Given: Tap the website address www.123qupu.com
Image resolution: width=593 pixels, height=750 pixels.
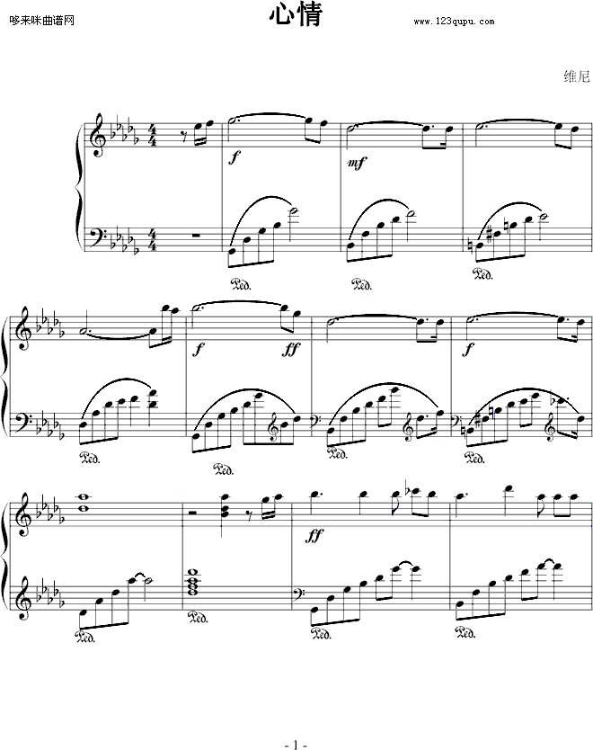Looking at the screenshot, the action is point(454,22).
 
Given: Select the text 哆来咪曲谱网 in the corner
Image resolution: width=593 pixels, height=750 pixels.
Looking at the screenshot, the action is point(42,20).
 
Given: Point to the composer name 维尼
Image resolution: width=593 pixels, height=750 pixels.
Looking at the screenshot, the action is point(577,76).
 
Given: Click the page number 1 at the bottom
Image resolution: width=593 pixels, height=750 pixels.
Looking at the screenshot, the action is point(296,745).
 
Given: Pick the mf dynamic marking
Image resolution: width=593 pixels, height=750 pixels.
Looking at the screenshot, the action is point(356,163).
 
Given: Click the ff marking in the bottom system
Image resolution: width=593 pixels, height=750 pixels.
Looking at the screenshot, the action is point(314,536).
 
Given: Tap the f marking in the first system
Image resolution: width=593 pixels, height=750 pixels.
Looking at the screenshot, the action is point(234,158).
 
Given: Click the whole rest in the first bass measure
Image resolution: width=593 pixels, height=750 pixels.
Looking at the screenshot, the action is point(194,236).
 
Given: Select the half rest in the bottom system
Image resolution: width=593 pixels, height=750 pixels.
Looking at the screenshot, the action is point(194,513).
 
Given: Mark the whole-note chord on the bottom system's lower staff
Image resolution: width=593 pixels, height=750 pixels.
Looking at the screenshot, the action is point(194,583).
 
